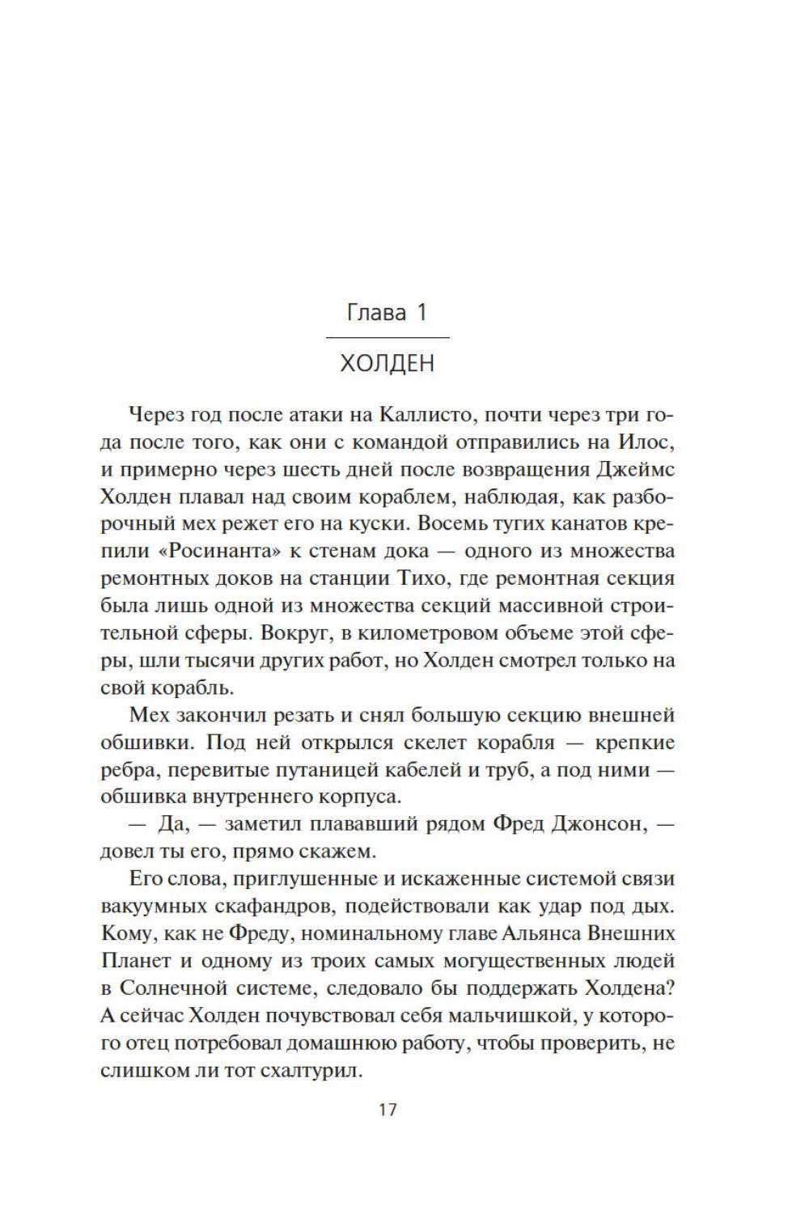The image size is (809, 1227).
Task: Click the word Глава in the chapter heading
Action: click(x=375, y=312)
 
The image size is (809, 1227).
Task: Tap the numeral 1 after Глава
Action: click(x=421, y=312)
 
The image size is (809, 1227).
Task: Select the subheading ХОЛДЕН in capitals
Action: click(x=388, y=363)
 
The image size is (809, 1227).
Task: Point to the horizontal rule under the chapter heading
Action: click(x=388, y=336)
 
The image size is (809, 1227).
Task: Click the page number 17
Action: click(x=388, y=1109)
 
